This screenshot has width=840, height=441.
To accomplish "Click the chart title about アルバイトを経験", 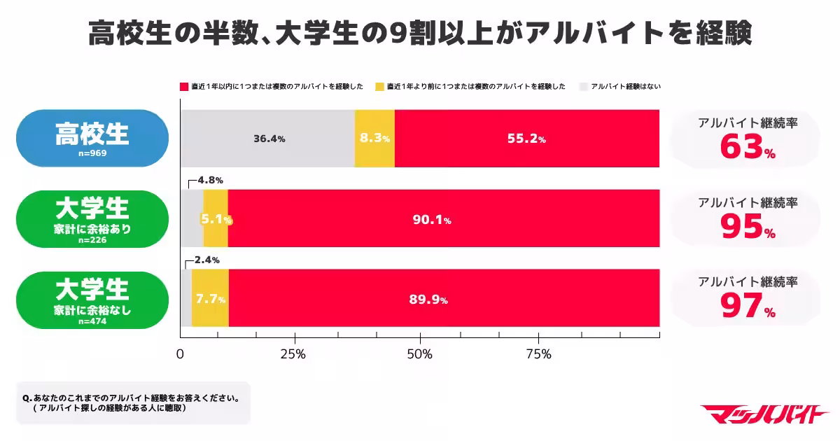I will click(420, 31).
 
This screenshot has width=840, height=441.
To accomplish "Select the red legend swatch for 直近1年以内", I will click(184, 87).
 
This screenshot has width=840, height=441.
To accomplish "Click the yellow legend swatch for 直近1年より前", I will click(380, 87).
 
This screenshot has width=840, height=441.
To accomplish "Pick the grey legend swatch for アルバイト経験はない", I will click(583, 87).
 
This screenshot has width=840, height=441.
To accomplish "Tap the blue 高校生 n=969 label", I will click(92, 138).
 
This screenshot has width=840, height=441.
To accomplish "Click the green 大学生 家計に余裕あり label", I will click(92, 219).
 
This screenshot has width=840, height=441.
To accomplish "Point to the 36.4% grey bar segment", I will click(268, 139).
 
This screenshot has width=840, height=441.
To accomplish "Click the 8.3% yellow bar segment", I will click(374, 139).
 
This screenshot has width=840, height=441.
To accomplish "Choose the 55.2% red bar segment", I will click(526, 139).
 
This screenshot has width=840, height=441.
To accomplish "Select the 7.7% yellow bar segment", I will click(210, 300).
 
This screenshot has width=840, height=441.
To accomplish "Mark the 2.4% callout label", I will click(206, 260).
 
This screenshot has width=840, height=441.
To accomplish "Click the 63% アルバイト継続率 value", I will click(747, 148).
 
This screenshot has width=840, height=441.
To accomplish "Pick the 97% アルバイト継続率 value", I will click(747, 307).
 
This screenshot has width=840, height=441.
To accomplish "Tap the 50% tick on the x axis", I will click(419, 354).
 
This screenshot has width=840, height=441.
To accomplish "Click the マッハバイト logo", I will click(764, 414).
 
